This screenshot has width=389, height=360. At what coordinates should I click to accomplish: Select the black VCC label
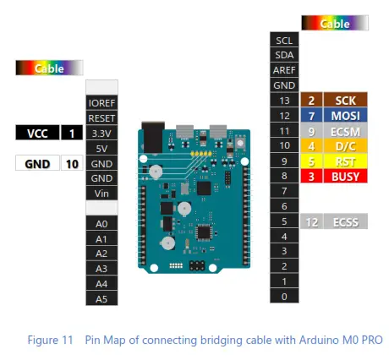click(37, 133)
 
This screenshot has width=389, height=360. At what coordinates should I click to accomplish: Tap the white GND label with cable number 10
click(37, 163)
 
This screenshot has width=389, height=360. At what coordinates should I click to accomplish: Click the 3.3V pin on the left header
click(101, 133)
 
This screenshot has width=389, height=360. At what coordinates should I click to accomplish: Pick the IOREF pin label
click(101, 102)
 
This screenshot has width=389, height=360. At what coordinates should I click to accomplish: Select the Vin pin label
click(101, 194)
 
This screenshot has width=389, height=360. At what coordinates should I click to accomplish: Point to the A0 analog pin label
click(101, 223)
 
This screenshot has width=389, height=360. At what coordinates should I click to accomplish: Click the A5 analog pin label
click(101, 298)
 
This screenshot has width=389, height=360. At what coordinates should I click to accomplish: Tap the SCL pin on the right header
click(283, 40)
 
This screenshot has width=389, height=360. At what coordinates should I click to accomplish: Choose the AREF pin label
click(283, 70)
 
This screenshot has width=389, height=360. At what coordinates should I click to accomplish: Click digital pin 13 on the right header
click(283, 101)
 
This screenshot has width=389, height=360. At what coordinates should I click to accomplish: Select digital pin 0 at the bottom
click(283, 297)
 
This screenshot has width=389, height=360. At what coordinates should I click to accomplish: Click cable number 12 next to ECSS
click(311, 221)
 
